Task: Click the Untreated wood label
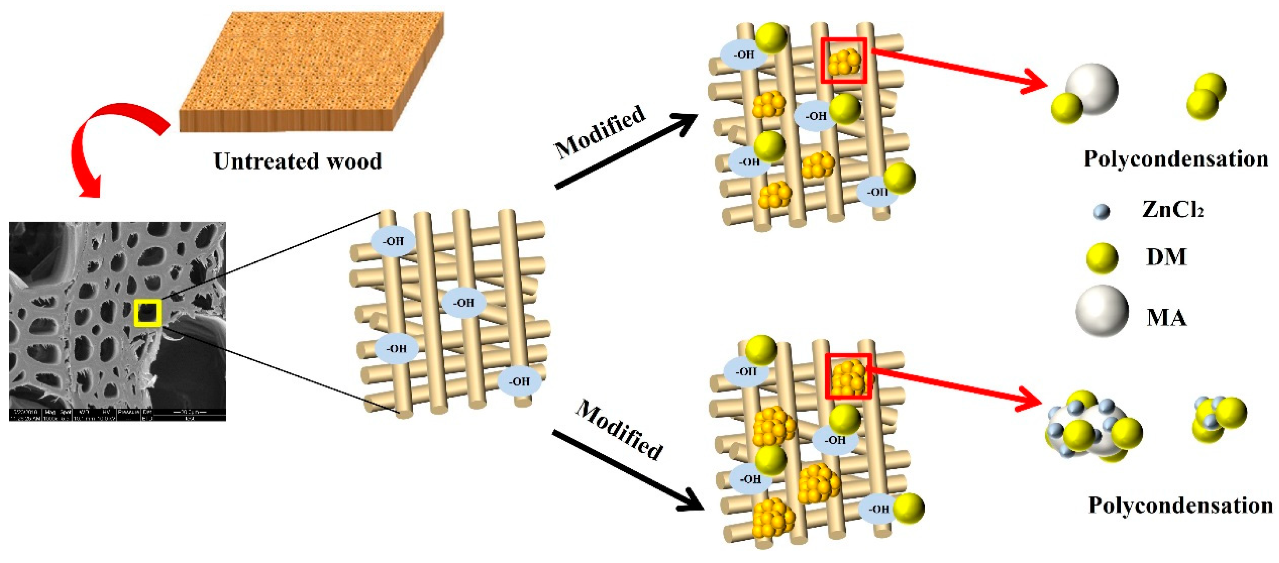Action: (297, 161)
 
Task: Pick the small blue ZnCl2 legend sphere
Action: (1101, 212)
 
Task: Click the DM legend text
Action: (1166, 257)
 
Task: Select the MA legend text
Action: (1166, 317)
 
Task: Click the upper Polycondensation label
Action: (1175, 159)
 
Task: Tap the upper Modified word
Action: (600, 132)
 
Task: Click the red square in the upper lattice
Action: (843, 60)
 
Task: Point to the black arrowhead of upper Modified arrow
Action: (685, 122)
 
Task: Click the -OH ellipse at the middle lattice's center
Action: (464, 303)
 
